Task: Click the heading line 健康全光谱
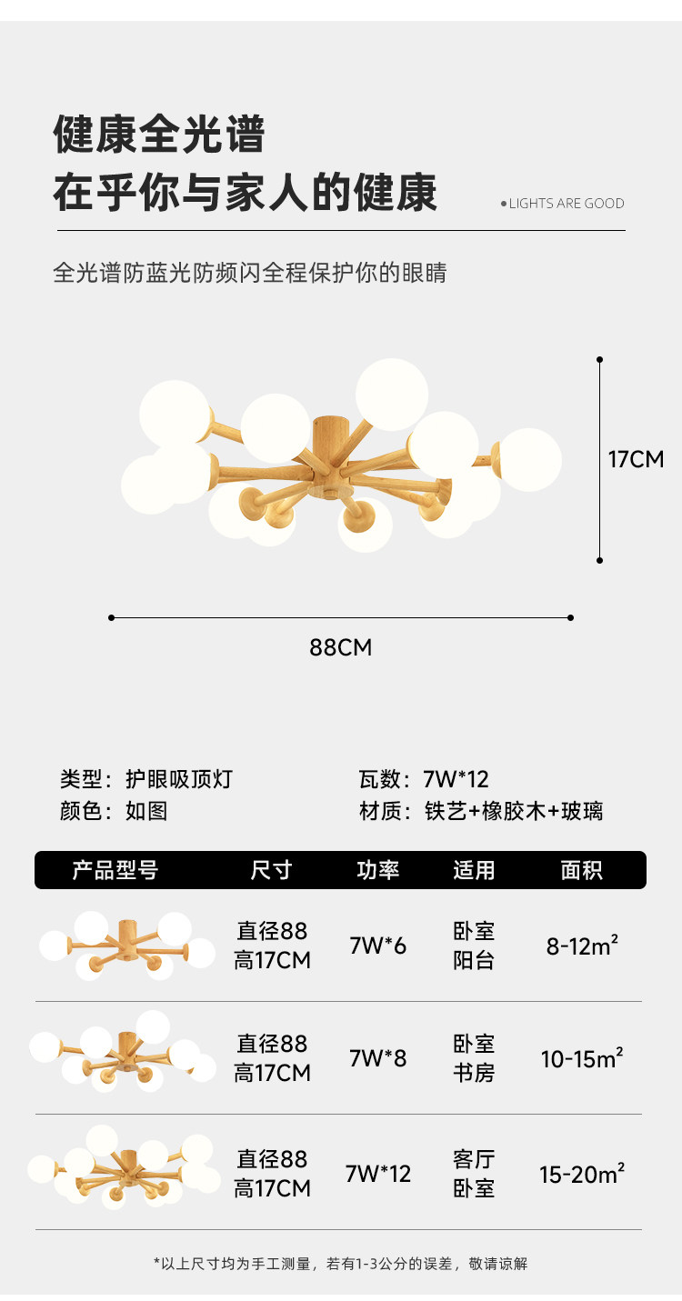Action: [159, 135]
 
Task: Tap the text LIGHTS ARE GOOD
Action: [566, 204]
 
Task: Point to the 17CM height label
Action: [636, 459]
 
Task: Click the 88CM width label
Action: [341, 647]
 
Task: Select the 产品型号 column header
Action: [115, 870]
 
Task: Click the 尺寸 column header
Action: [271, 870]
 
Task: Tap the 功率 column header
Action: [377, 870]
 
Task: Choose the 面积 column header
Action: [581, 870]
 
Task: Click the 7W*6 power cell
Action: [378, 946]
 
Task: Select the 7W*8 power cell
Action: [378, 1058]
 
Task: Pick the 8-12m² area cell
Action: [582, 946]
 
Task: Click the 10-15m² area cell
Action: [582, 1058]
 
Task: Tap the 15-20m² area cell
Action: [582, 1174]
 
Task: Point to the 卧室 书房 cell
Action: [474, 1058]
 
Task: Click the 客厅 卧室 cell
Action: [474, 1174]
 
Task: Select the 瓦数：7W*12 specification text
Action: [424, 779]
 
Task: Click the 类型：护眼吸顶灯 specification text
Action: [146, 779]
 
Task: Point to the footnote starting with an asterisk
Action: [340, 1263]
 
